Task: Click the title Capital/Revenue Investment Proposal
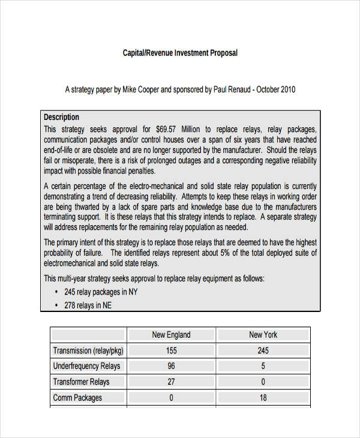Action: click(180, 53)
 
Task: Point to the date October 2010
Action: click(276, 90)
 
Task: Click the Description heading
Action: click(61, 117)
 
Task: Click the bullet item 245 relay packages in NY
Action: click(101, 292)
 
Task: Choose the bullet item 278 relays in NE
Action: click(88, 305)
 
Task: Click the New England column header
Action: click(171, 335)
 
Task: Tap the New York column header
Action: click(263, 335)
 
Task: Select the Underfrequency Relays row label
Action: click(86, 366)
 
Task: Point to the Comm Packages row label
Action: click(77, 397)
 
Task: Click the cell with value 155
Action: click(171, 350)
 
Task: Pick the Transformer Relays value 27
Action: click(171, 382)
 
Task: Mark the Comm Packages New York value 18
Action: click(263, 397)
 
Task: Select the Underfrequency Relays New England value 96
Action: click(171, 366)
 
